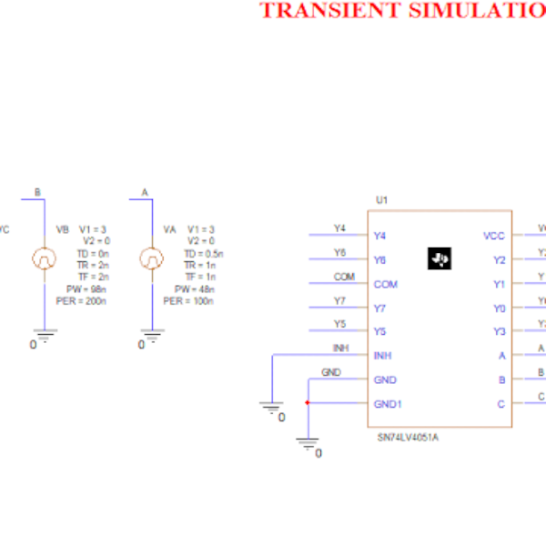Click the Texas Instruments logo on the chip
click(x=440, y=259)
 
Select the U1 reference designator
click(x=381, y=199)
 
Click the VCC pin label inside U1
click(x=493, y=236)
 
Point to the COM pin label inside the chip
click(x=385, y=284)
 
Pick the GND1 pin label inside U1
click(x=388, y=403)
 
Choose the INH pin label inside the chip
click(x=383, y=356)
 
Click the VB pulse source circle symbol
click(x=43, y=259)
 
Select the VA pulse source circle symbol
click(x=150, y=259)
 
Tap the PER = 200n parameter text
click(x=81, y=301)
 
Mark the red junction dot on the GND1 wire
click(x=308, y=403)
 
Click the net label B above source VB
click(x=37, y=192)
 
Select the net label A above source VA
click(x=145, y=192)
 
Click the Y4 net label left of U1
click(x=339, y=227)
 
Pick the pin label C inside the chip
click(x=500, y=403)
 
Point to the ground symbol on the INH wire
click(x=272, y=409)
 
